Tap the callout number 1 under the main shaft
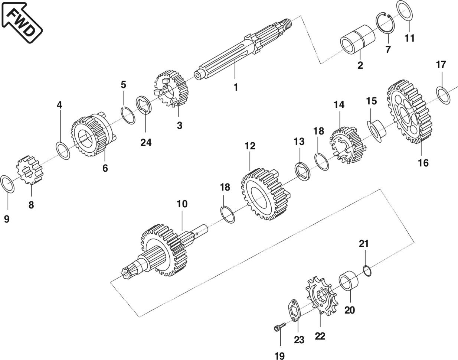[x=235, y=87]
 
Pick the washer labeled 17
[x=443, y=95]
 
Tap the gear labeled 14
[x=346, y=145]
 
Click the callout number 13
[x=299, y=142]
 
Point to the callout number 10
[x=182, y=204]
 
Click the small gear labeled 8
[x=30, y=171]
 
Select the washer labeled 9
[x=8, y=184]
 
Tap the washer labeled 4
[x=63, y=150]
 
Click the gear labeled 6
[x=91, y=136]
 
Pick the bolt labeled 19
[x=278, y=327]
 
